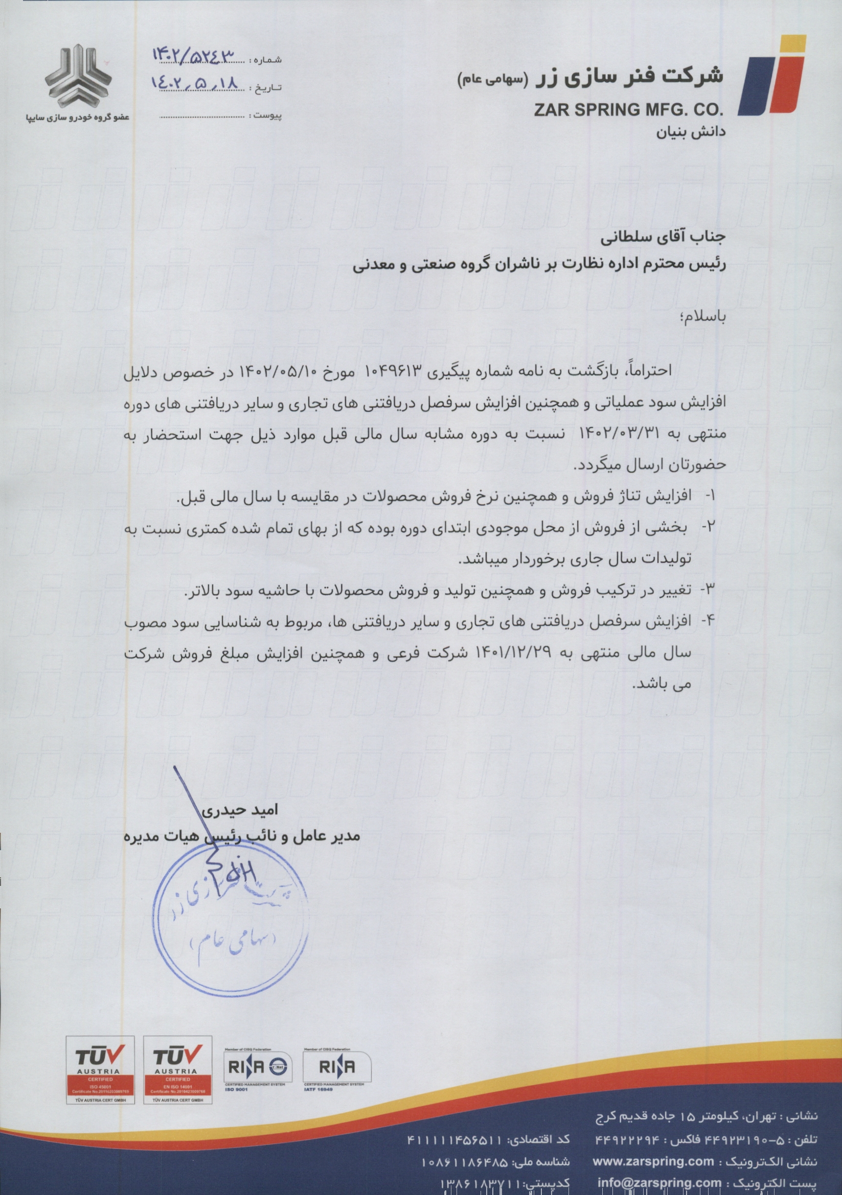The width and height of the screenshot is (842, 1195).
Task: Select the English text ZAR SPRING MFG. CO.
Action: pos(628,110)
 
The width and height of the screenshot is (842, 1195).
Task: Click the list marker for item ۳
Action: pos(709,590)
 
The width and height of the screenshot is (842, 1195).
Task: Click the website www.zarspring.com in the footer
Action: pos(653,1162)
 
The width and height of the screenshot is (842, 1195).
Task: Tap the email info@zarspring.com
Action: pos(659,1183)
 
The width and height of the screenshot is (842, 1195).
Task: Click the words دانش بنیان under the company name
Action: pos(691,133)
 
